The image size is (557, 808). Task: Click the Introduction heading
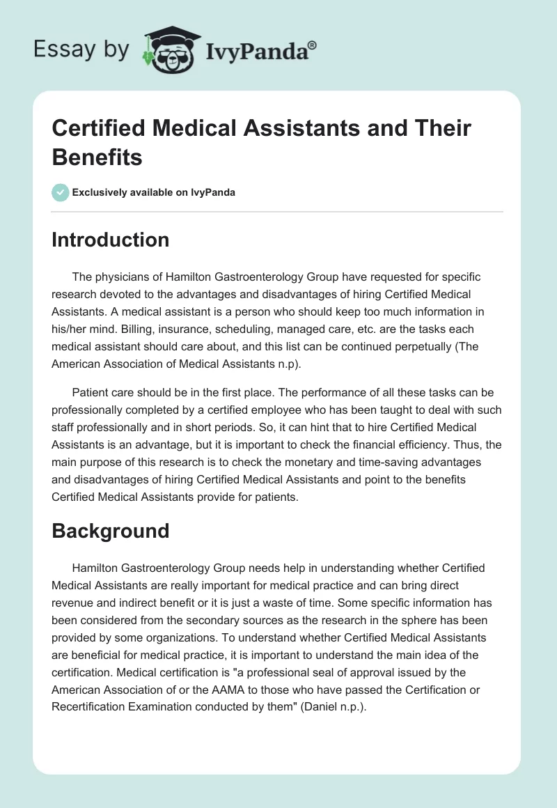(111, 240)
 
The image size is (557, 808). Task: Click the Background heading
(111, 531)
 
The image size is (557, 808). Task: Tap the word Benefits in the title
(97, 157)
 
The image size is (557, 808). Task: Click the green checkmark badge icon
(61, 192)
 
